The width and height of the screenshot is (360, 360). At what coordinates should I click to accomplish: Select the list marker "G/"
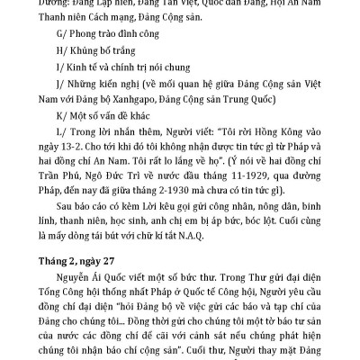57,33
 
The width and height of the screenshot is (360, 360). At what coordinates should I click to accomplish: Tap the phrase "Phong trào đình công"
111,33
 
